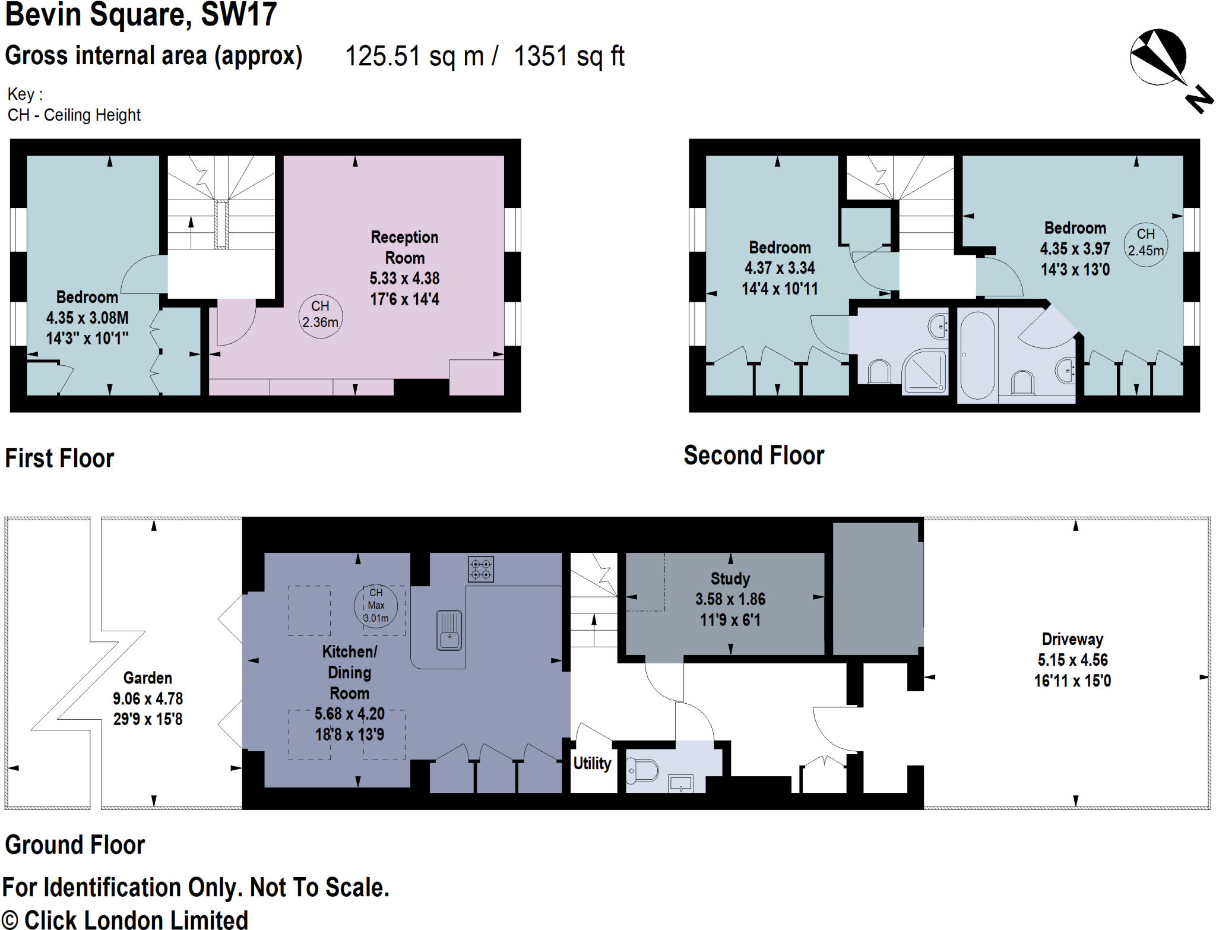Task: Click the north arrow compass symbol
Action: tap(1158, 58)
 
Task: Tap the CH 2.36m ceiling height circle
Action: tap(320, 315)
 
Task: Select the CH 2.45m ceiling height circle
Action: tap(1145, 243)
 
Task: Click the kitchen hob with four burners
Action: tap(480, 569)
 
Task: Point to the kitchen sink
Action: tap(449, 630)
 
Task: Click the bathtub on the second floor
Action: tap(977, 355)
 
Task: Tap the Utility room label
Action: tap(592, 763)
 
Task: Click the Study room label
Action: tap(730, 578)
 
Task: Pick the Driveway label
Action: tap(1072, 640)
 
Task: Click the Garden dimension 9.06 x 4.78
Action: tap(148, 699)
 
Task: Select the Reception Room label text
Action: tap(404, 248)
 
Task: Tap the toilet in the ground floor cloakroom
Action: tap(642, 770)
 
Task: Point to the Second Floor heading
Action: tap(753, 455)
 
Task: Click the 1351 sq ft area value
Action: tap(568, 57)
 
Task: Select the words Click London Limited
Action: tap(136, 919)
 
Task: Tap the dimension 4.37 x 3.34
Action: tap(780, 268)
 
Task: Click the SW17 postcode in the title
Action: tap(239, 14)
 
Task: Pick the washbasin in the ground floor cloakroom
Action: tap(680, 783)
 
